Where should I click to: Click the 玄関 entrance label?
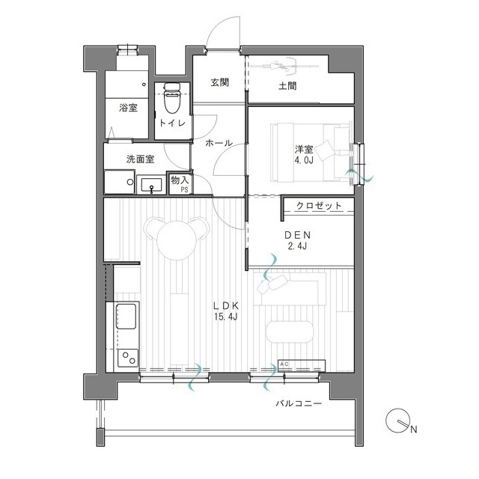point(219,83)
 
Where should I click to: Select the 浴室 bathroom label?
point(127,108)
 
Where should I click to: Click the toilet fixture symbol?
point(170,97)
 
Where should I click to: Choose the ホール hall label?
point(218,142)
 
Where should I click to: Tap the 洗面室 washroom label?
point(140,159)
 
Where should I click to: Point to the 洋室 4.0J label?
point(304,154)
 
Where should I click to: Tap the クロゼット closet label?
point(319,205)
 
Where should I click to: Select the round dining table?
point(176,238)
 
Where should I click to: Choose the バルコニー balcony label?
point(298,404)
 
